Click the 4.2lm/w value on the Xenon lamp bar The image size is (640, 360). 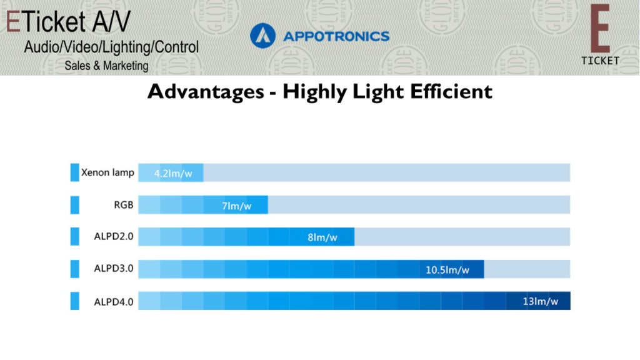[x=173, y=174]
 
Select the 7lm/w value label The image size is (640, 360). [x=237, y=206]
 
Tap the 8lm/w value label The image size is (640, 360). [x=322, y=237]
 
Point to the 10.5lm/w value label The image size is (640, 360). [x=447, y=270]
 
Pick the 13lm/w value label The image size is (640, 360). [x=541, y=302]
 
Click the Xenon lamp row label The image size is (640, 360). [x=107, y=172]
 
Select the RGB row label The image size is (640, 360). [x=124, y=205]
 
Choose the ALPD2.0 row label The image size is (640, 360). [x=114, y=237]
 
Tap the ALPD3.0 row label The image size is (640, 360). [x=114, y=269]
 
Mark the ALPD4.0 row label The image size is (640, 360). [x=114, y=302]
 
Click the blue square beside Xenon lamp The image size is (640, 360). [x=75, y=172]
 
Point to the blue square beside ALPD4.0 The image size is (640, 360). [x=75, y=301]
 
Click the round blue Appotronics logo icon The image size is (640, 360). [x=263, y=36]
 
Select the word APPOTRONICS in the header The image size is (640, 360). [x=336, y=36]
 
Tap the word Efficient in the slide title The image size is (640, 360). [x=451, y=91]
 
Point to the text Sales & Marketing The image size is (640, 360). [x=106, y=66]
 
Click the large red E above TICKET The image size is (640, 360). [x=600, y=29]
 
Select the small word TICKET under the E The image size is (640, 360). [x=601, y=61]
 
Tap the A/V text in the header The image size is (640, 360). [x=111, y=22]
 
